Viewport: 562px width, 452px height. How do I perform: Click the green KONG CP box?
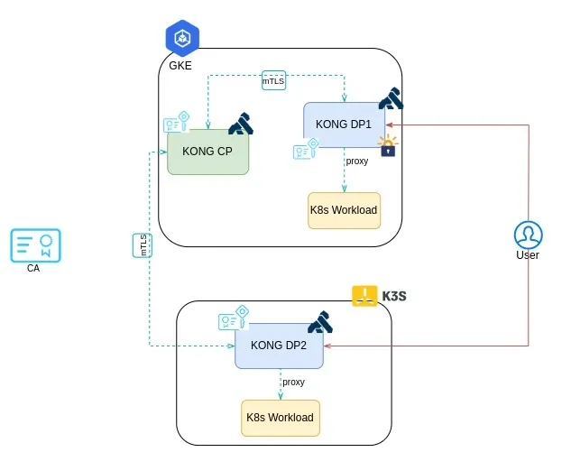(x=207, y=152)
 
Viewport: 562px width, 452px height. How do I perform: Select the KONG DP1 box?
(x=344, y=125)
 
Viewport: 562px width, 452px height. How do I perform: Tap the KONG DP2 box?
(x=279, y=346)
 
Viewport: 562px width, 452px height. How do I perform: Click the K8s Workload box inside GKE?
(x=344, y=210)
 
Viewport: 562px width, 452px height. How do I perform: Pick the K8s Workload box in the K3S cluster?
(x=280, y=418)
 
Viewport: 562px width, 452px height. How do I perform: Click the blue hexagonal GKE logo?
(x=181, y=38)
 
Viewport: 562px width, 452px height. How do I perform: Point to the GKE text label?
(x=180, y=66)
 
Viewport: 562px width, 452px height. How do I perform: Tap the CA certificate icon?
(x=35, y=244)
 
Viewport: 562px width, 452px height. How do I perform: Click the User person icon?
(x=528, y=234)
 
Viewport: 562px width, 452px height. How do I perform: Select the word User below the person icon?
(x=528, y=255)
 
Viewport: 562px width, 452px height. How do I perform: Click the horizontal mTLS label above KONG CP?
(x=274, y=80)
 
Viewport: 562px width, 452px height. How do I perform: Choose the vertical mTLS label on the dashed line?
(x=143, y=245)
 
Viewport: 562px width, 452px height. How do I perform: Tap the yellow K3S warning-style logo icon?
(x=364, y=295)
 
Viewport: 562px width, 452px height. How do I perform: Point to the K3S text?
(x=396, y=295)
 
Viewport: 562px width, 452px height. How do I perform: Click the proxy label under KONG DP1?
(x=357, y=161)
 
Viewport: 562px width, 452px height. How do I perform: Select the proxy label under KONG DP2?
(x=293, y=382)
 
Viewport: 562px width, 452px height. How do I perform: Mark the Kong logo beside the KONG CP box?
(x=241, y=123)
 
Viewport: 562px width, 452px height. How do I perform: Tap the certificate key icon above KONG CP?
(x=176, y=123)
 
